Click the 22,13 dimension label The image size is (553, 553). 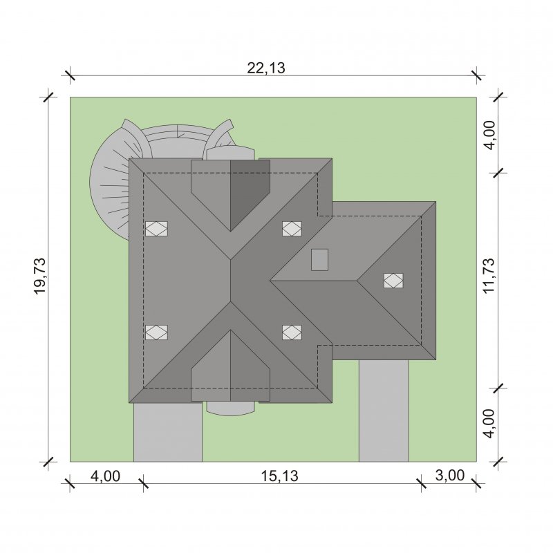(266, 68)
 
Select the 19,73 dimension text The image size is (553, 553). (40, 276)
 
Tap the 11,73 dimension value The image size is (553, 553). (489, 276)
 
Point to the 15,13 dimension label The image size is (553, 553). (279, 476)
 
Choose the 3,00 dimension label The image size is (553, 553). (450, 476)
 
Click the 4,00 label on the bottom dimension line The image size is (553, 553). (106, 476)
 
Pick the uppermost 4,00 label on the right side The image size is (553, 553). (489, 135)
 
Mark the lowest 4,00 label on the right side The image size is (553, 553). (489, 424)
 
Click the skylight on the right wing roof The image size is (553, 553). (393, 281)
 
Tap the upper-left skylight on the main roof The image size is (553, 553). (157, 229)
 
